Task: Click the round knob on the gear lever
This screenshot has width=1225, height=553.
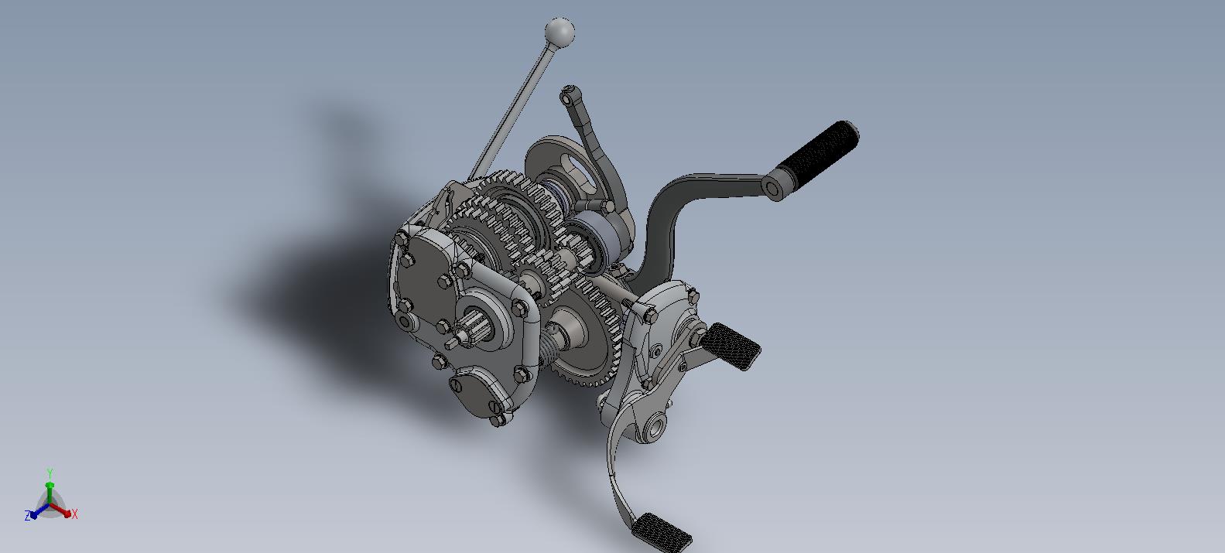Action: point(559,32)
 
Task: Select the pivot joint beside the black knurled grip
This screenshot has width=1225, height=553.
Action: point(772,187)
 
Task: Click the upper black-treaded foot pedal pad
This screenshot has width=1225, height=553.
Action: point(733,346)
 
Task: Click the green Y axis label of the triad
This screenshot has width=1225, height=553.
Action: point(50,473)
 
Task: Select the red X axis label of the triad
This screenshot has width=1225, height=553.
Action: point(75,514)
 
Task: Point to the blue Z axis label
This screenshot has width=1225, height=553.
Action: point(27,516)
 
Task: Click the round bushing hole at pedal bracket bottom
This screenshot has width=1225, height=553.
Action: point(655,425)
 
